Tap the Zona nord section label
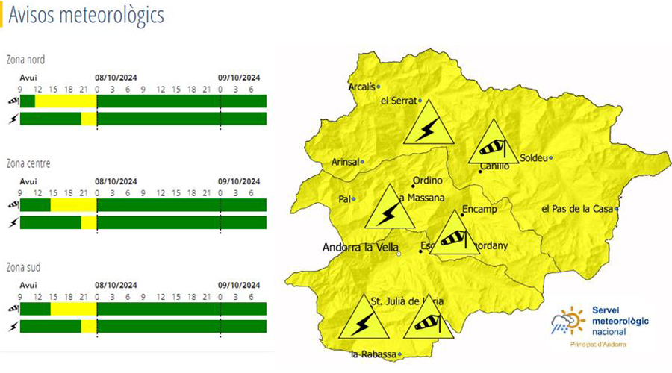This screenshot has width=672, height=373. pyautogui.click(x=27, y=60)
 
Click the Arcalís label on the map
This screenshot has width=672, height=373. pyautogui.click(x=362, y=87)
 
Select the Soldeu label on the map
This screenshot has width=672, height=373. pyautogui.click(x=533, y=157)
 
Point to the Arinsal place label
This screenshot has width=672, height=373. pyautogui.click(x=344, y=162)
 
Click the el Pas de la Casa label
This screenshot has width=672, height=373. pyautogui.click(x=577, y=208)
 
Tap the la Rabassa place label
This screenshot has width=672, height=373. pyautogui.click(x=373, y=354)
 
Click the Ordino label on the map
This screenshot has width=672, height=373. pyautogui.click(x=428, y=181)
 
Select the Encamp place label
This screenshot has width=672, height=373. pyautogui.click(x=480, y=209)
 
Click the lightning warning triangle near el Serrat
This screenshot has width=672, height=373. pyautogui.click(x=429, y=125)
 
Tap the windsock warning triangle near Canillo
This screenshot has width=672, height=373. pyautogui.click(x=493, y=143)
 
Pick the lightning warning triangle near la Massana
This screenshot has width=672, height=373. pyautogui.click(x=389, y=210)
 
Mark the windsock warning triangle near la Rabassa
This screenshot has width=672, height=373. pyautogui.click(x=429, y=319)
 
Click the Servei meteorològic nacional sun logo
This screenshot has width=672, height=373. pyautogui.click(x=567, y=320)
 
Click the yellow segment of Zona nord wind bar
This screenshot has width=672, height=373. pyautogui.click(x=66, y=101)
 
